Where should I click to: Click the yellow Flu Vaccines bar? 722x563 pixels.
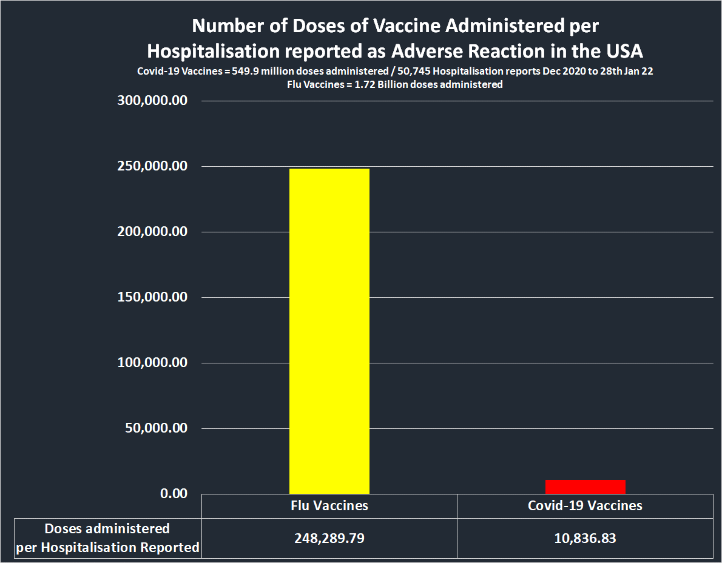coord(329,331)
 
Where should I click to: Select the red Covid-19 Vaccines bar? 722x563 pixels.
coord(585,487)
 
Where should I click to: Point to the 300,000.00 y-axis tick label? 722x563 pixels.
coord(152,101)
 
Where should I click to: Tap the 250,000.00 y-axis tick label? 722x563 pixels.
coord(152,166)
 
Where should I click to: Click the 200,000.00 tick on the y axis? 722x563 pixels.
coord(152,232)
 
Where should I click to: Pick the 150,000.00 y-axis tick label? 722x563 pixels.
coord(152,297)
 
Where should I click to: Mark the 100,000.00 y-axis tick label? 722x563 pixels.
coord(152,363)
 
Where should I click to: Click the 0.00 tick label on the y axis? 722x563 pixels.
coord(174,493)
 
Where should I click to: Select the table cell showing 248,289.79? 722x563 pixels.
coord(329,538)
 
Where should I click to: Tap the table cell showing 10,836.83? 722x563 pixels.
coord(585,538)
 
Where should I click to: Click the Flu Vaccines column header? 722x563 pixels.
coord(329,505)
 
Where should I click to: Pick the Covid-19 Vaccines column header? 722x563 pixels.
coord(585,505)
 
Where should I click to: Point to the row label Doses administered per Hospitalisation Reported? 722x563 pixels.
coord(108,538)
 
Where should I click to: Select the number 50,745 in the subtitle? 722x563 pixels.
coord(414,71)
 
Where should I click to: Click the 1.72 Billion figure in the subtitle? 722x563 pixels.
coord(369,84)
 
